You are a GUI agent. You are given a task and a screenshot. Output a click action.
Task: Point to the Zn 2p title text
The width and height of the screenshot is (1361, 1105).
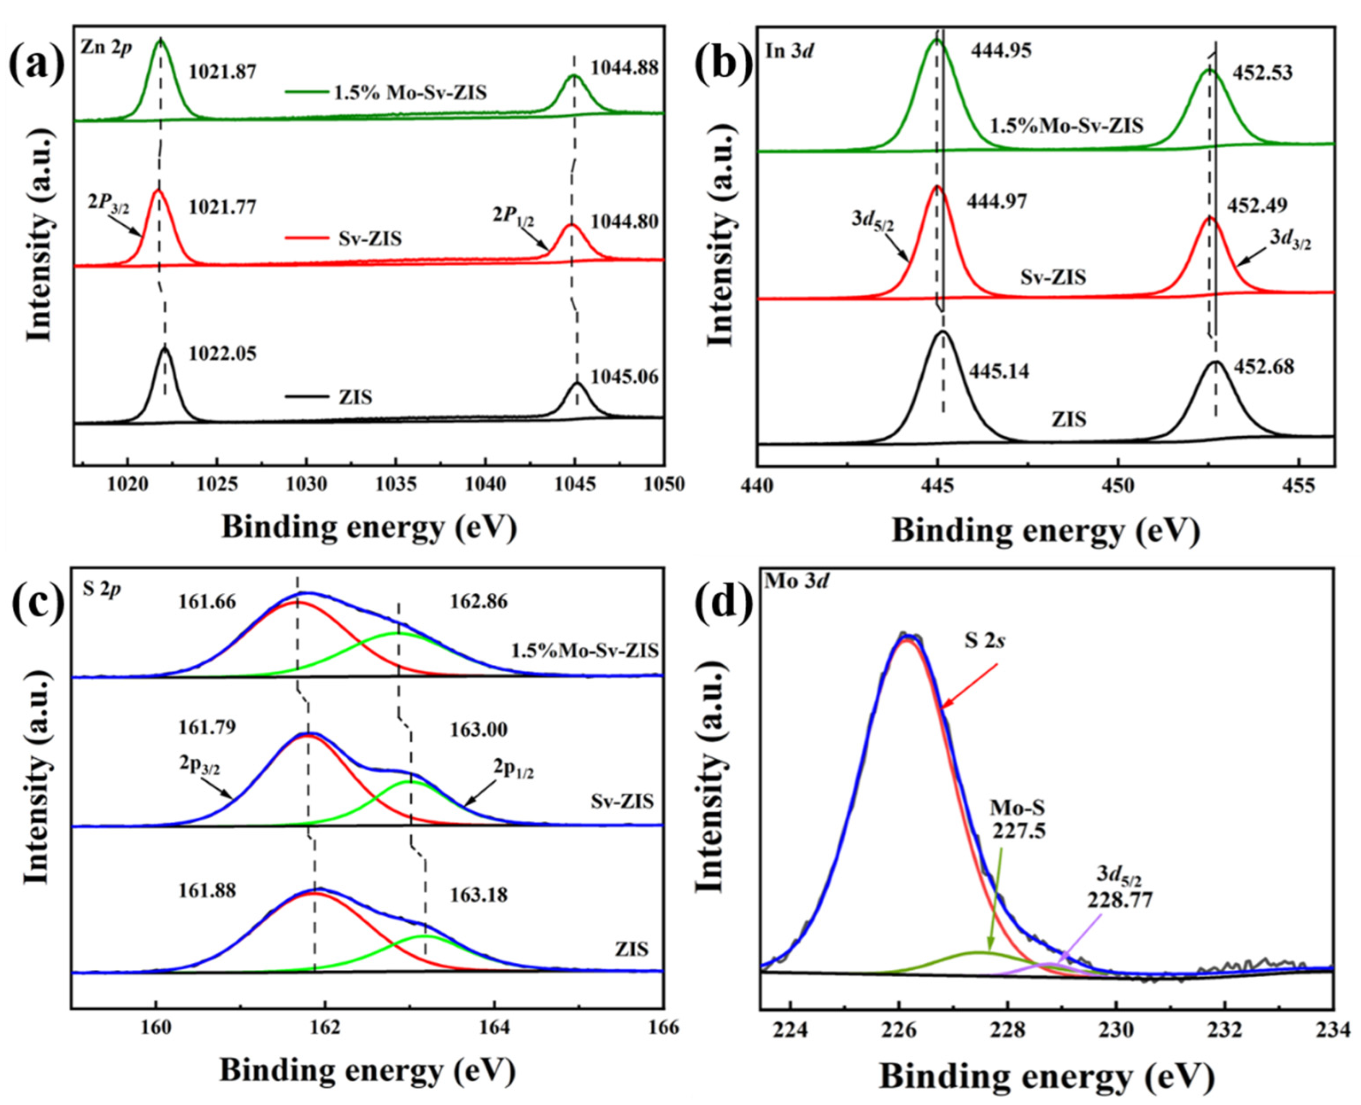click(106, 48)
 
